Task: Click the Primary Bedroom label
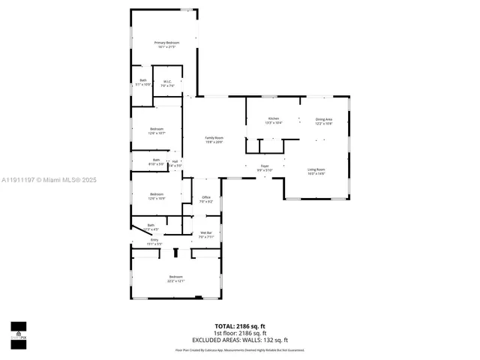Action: pos(166,43)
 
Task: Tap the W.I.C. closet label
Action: pos(167,81)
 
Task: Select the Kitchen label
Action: pos(274,119)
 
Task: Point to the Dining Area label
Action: pos(323,119)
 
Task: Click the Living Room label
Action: pos(316,169)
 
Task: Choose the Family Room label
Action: pos(214,138)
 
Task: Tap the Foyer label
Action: pos(265,166)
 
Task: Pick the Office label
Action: pos(206,198)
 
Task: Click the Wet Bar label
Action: pos(206,232)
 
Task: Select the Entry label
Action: pos(154,240)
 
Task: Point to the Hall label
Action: pos(175,161)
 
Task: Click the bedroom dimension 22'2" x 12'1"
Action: pos(176,280)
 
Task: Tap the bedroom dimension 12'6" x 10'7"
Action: pos(157,133)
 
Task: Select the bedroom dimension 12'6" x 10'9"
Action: pos(157,199)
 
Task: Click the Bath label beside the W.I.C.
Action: pos(143,80)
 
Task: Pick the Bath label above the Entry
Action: pos(151,225)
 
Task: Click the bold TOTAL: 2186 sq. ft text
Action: pos(239,326)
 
